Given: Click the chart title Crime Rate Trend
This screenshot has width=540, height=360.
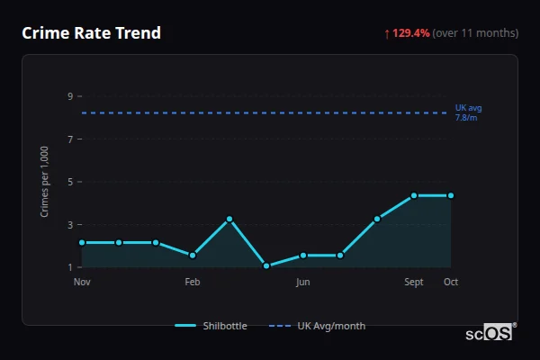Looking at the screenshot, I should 91,33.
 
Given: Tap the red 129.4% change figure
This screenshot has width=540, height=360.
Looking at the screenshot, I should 410,33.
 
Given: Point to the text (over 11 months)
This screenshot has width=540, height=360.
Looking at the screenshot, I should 475,33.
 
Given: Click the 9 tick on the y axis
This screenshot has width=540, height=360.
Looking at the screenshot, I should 70,95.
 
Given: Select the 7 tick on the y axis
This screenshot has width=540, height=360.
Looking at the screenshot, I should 70,139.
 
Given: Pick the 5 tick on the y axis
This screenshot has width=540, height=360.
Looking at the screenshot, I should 70,181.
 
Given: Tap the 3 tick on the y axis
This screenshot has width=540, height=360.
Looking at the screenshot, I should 70,224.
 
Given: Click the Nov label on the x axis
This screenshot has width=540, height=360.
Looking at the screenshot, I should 82,283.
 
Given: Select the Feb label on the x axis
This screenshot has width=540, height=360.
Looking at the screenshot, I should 193,283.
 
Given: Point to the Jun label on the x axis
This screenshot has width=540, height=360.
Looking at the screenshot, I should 303,283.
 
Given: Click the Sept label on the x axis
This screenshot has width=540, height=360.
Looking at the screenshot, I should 414,283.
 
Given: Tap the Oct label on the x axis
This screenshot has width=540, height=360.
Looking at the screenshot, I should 451,283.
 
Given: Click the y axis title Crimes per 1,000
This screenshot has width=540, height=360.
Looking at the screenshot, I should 45,181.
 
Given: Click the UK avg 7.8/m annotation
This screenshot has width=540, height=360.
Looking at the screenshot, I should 468,112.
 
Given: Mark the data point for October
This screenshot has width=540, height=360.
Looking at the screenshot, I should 451,195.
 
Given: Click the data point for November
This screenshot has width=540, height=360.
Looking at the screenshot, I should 82,242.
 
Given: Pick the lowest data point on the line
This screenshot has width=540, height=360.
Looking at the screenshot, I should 266,265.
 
